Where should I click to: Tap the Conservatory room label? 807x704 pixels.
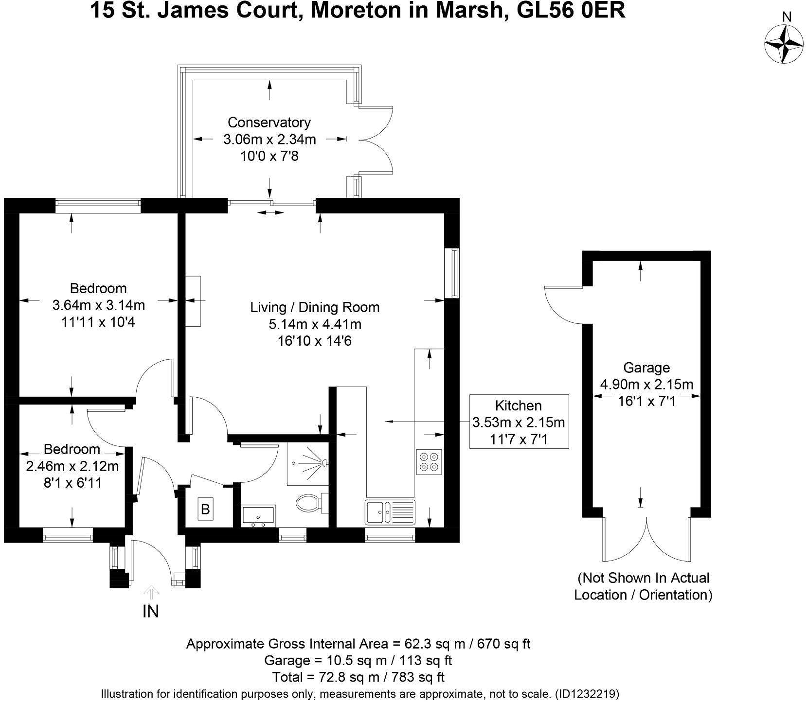click(x=269, y=122)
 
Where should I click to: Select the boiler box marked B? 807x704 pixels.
click(x=205, y=509)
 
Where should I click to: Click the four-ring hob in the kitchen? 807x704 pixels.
click(x=429, y=462)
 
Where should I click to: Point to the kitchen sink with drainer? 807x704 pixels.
click(x=391, y=512)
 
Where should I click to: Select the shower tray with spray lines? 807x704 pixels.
click(x=308, y=463)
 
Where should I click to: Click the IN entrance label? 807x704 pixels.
click(x=151, y=611)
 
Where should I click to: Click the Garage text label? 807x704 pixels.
click(x=646, y=368)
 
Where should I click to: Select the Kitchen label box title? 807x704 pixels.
click(x=518, y=405)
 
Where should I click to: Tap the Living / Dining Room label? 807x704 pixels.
click(x=315, y=307)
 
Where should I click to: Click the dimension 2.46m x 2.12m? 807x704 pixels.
click(x=72, y=466)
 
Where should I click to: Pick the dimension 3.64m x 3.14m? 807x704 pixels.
click(x=98, y=305)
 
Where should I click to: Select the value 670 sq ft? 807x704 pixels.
click(x=500, y=644)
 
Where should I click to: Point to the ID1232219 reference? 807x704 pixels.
click(x=586, y=694)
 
